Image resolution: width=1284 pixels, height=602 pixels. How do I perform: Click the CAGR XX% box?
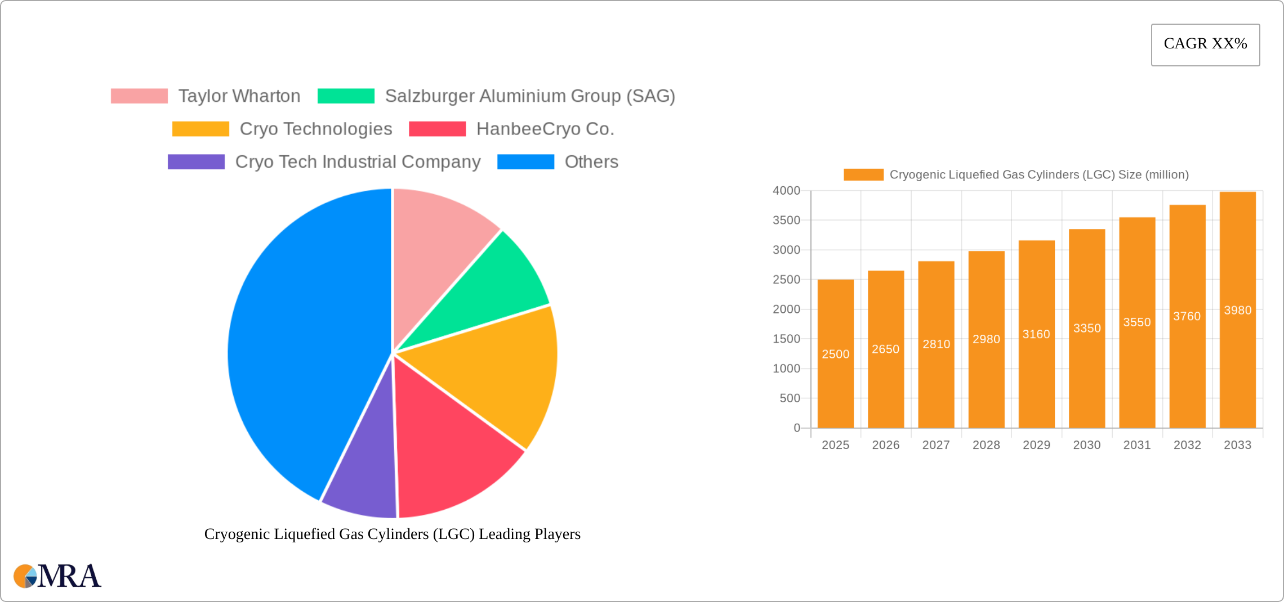click(1205, 44)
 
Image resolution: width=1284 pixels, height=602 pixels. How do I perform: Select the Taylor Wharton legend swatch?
click(139, 96)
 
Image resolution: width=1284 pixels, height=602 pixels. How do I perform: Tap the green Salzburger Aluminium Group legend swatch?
click(346, 96)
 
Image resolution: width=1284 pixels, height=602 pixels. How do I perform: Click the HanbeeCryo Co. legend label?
click(545, 129)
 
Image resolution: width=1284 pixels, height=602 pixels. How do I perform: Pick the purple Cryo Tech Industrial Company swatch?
click(196, 162)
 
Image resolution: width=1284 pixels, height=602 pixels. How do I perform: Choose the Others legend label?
click(591, 162)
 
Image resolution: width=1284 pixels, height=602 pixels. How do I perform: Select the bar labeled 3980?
click(1237, 310)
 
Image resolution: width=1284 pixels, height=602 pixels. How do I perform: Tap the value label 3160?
click(1036, 334)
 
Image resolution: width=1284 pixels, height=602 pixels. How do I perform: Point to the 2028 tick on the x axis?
click(986, 445)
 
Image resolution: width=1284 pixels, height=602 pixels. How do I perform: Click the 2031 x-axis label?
click(1137, 445)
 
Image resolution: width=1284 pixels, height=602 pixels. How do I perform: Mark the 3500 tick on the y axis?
click(786, 221)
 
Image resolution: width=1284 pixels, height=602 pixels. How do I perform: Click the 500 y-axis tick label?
click(790, 398)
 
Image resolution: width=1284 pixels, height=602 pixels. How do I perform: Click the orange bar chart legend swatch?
click(863, 175)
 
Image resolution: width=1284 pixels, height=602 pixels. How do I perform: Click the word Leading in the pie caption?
click(505, 534)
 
